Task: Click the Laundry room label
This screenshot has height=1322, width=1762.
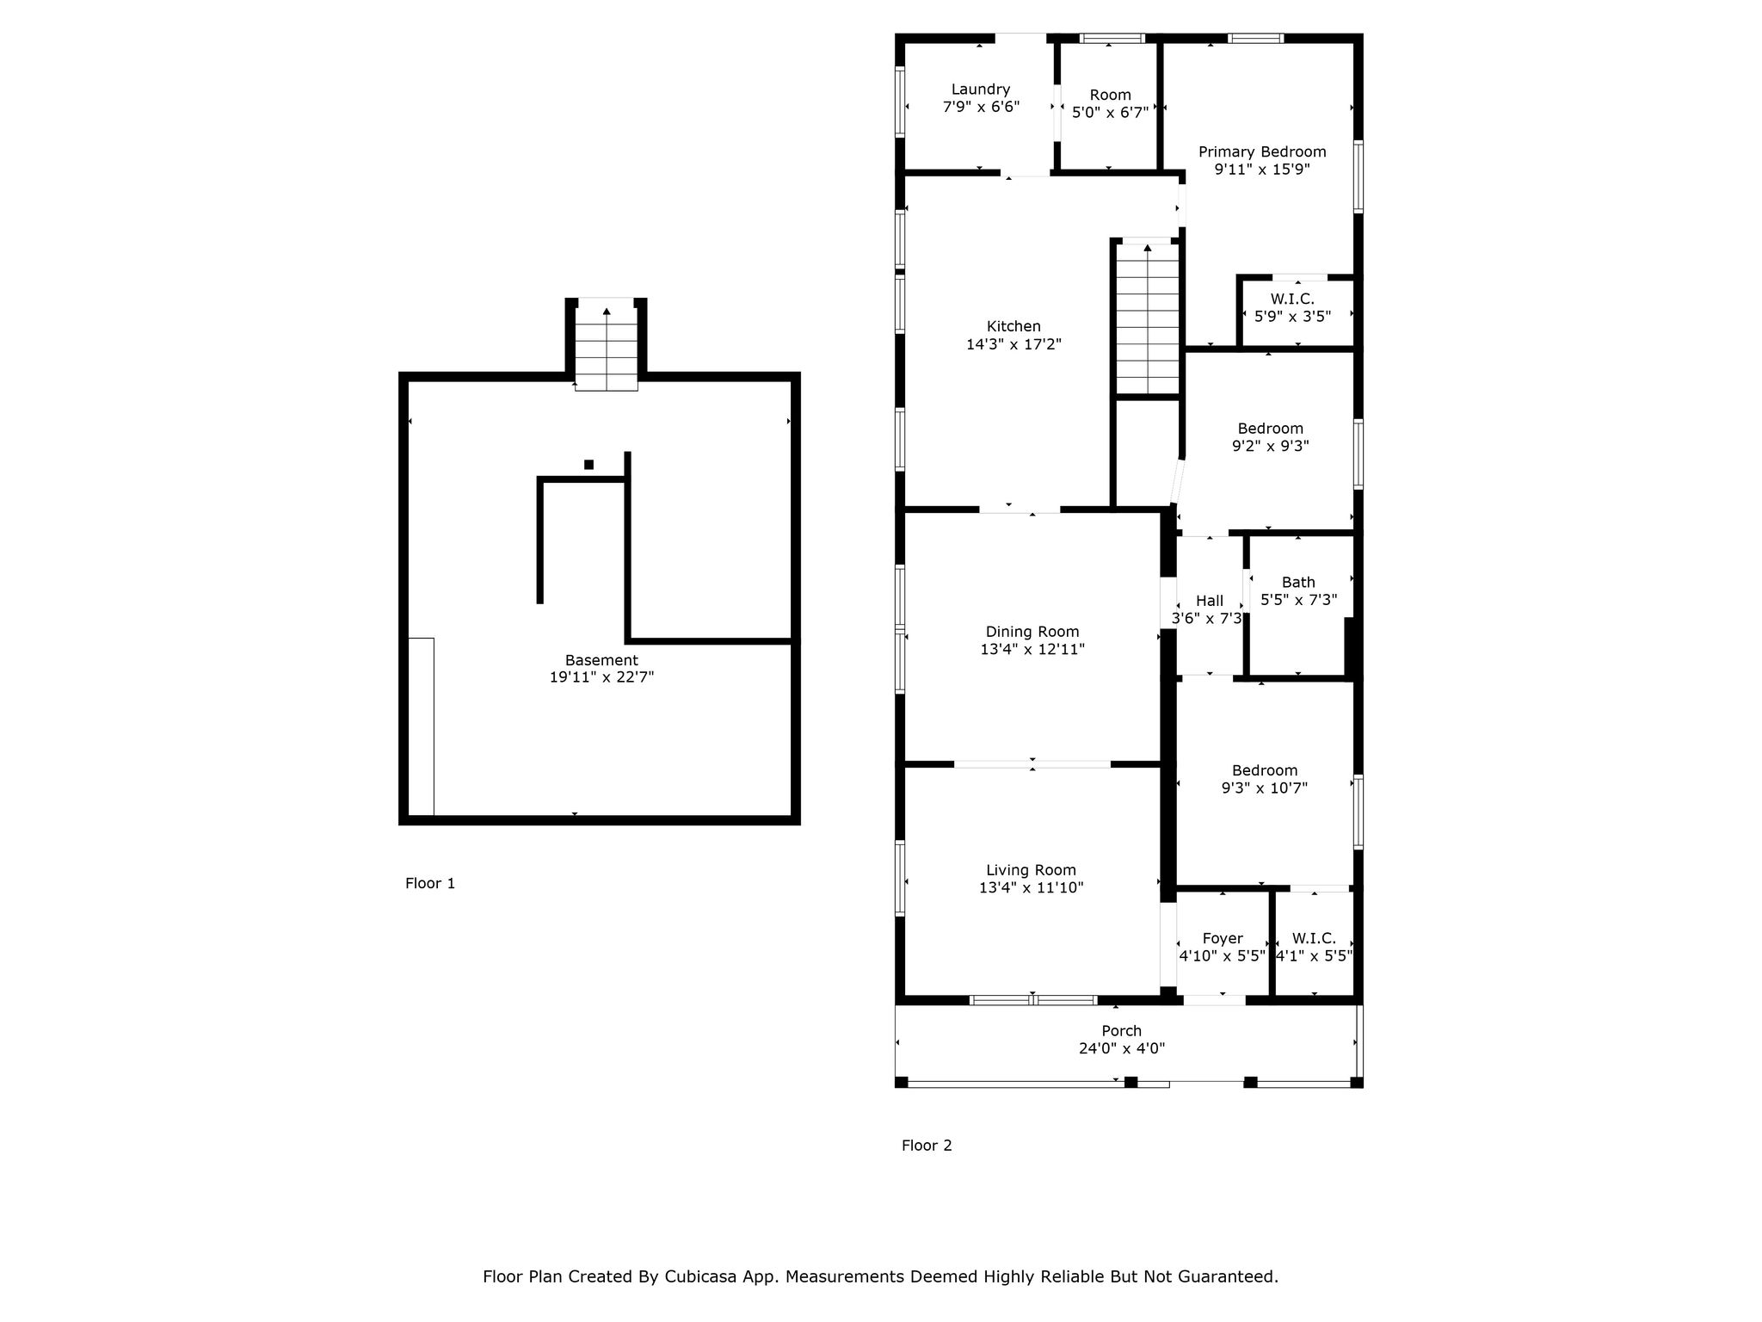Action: tap(980, 90)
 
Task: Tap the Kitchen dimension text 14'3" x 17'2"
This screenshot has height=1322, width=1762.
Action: tap(1013, 344)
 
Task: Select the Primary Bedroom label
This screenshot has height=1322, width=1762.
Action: tap(1262, 152)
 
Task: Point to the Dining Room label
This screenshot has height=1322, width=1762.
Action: tap(1032, 632)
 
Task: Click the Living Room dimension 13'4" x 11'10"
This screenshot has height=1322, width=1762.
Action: tap(1031, 887)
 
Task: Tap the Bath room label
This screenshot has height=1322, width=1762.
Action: tap(1298, 583)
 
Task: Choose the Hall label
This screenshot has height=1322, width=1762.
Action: tap(1210, 601)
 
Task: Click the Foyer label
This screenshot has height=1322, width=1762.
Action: tap(1223, 938)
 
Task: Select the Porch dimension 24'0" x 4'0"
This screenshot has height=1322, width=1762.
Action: tap(1122, 1048)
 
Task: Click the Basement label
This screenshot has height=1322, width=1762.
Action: tap(601, 660)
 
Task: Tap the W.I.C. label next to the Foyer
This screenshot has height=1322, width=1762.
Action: tap(1314, 938)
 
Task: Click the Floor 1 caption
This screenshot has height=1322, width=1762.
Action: tap(430, 883)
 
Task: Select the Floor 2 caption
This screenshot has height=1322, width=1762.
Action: tap(927, 1146)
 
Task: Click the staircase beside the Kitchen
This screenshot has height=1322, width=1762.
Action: tap(1148, 319)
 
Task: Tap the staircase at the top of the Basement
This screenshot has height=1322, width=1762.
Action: tap(607, 344)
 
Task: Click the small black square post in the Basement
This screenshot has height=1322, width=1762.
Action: tap(588, 465)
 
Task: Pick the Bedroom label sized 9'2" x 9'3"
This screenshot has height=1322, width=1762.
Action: tap(1270, 429)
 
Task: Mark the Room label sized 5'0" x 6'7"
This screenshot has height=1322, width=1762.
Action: tap(1110, 96)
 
